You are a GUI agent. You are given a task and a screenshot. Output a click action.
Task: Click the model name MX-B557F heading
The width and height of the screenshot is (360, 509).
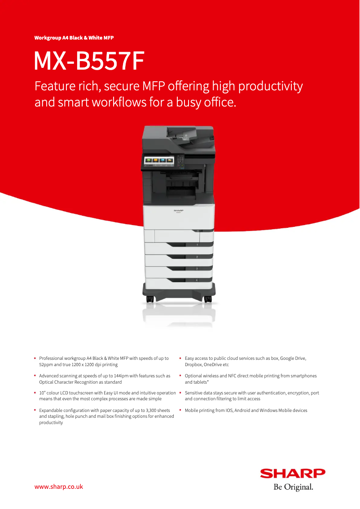[89, 61]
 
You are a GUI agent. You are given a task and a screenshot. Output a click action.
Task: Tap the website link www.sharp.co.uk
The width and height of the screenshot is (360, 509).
[59, 487]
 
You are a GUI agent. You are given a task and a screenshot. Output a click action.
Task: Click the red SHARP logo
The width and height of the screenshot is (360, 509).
[293, 474]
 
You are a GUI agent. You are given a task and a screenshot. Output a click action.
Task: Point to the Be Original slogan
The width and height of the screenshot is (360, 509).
[293, 487]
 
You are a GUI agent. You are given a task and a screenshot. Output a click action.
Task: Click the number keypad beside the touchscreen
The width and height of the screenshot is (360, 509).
[180, 161]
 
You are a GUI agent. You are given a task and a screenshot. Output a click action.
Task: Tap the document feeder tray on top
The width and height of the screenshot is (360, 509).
[182, 133]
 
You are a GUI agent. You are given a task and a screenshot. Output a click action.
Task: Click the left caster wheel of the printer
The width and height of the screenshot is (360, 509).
[150, 299]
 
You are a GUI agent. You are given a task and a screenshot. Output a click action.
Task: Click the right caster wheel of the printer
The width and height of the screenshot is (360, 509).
[208, 299]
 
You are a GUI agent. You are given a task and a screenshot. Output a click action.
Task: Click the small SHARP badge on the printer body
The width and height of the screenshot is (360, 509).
[178, 210]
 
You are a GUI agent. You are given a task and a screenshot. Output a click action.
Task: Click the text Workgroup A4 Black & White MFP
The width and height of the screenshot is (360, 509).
[74, 38]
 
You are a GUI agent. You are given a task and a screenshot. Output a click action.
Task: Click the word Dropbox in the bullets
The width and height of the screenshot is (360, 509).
[193, 364]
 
